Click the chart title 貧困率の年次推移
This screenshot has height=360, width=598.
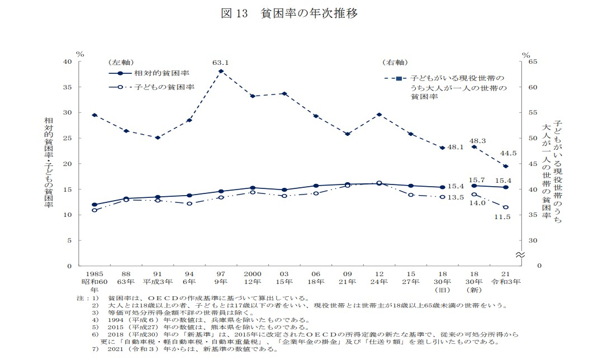309,13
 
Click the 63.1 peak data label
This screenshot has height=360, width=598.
221,63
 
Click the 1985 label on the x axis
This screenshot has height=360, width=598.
94,274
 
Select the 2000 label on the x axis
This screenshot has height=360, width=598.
253,274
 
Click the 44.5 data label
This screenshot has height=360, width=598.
509,153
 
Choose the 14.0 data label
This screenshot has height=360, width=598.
477,203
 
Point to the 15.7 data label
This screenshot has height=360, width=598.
477,180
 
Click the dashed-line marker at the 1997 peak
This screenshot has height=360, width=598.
221,72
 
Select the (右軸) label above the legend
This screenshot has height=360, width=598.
395,61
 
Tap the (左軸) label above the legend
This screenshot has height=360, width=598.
121,61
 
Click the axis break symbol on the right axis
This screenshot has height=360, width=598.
519,255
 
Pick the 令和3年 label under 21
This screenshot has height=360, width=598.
506,282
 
